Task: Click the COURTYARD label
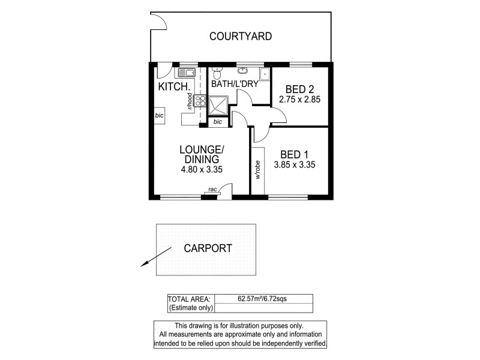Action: [240, 37]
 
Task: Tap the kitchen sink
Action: [185, 73]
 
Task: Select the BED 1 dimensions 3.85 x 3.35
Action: [295, 164]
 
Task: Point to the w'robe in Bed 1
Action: [258, 170]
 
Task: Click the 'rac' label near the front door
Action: [212, 190]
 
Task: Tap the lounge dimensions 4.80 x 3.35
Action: [202, 170]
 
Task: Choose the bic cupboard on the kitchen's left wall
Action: [159, 115]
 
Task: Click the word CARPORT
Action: [208, 248]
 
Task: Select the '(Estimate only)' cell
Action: [189, 308]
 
